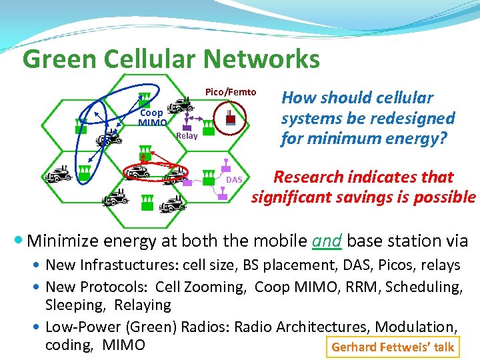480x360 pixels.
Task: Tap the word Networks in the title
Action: pos(261,59)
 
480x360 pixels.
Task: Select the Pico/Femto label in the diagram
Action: pos(230,92)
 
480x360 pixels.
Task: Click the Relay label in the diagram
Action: pos(187,136)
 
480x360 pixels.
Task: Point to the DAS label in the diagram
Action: pos(234,181)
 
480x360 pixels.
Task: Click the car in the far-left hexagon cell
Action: pos(58,175)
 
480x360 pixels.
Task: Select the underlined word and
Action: pos(327,241)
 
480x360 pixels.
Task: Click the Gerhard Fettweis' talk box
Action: pos(392,347)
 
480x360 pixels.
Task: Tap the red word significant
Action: pos(290,197)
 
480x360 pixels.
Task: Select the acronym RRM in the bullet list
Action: pos(341,287)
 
